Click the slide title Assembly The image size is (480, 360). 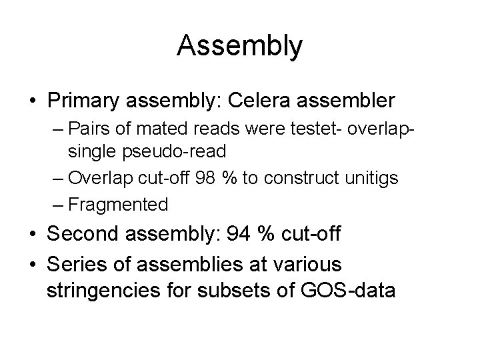240,46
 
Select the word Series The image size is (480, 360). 79,265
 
